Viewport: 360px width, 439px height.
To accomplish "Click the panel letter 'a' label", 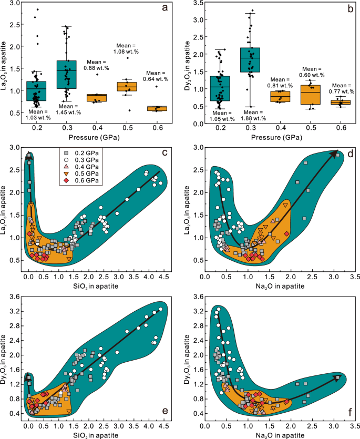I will pos(163,8).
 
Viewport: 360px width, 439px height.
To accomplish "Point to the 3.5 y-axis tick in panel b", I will pos(208,3).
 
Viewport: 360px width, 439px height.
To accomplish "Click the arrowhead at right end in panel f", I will pos(337,376).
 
